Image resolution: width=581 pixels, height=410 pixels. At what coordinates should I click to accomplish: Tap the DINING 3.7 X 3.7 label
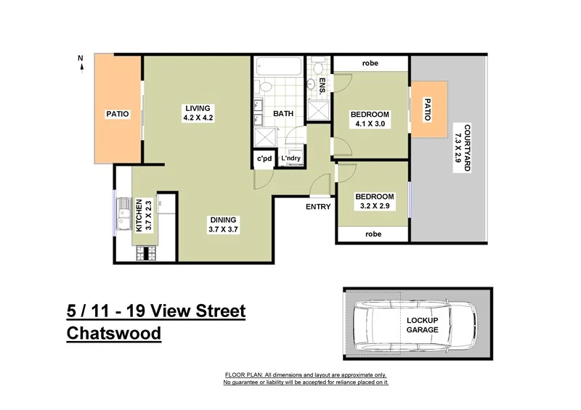[x=223, y=220]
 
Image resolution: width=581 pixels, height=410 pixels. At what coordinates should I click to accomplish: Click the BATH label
[x=283, y=114]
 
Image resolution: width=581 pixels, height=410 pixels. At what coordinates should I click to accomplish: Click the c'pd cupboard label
[x=264, y=159]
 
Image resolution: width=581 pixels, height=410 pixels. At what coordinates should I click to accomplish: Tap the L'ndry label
[x=291, y=159]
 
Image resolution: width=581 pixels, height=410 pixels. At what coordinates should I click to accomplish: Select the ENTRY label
[x=318, y=207]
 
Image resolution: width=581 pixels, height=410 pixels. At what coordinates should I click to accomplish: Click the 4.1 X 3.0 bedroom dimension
[x=370, y=124]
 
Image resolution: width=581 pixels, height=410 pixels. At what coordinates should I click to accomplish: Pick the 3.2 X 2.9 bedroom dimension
[x=374, y=206]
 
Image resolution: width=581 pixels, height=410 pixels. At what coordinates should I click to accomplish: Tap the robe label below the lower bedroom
[x=373, y=234]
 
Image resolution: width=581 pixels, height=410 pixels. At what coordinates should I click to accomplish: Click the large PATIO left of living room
[x=117, y=113]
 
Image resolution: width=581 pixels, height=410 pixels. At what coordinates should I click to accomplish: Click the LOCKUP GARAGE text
[x=422, y=324]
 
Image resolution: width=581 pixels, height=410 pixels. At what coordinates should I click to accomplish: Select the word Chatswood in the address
[x=113, y=334]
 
